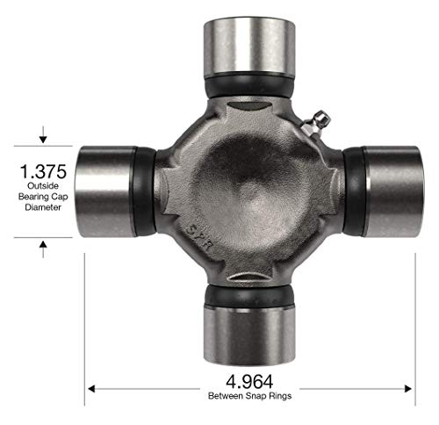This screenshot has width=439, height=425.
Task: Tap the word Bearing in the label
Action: point(30,198)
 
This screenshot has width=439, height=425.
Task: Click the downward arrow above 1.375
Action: point(41,139)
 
